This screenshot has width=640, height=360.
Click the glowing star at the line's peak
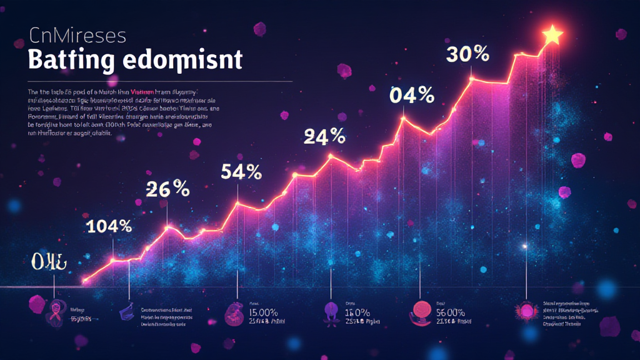pos(552,36)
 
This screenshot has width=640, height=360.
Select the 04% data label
pos(411,95)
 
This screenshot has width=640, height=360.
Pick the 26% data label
pos(167,189)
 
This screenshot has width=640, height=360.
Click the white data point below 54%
pos(237,203)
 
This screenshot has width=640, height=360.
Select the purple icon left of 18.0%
pos(330,310)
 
